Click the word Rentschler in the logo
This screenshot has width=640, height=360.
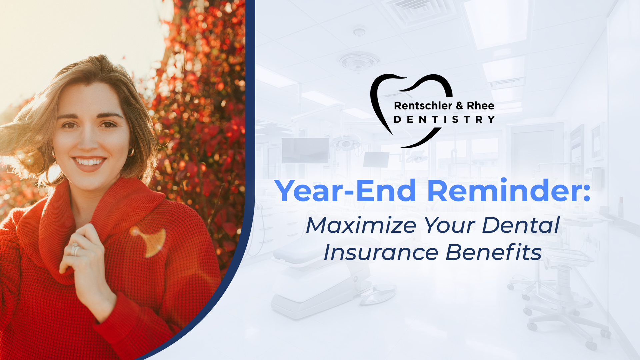(423, 106)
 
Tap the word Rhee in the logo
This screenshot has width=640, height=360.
(480, 106)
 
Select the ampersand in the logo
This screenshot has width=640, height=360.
(459, 106)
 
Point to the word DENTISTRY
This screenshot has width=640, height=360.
(444, 120)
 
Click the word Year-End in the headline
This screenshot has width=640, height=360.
(345, 191)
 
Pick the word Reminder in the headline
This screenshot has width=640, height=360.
(508, 191)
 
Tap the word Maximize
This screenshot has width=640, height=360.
(361, 226)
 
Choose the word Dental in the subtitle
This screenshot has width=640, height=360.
(520, 225)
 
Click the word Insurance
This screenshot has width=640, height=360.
(380, 253)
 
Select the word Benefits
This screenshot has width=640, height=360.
(494, 253)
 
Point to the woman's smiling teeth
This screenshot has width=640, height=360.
(89, 162)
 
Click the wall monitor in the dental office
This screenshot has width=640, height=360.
(305, 150)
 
